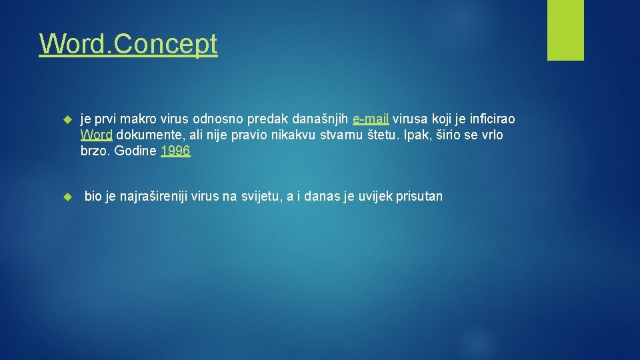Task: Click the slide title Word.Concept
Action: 128,44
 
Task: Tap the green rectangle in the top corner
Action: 565,30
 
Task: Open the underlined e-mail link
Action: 371,119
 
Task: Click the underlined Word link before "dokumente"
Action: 96,135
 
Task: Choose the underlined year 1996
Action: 175,151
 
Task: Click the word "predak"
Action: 268,119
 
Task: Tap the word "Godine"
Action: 135,151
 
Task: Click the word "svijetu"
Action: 259,197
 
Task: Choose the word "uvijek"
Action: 377,197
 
